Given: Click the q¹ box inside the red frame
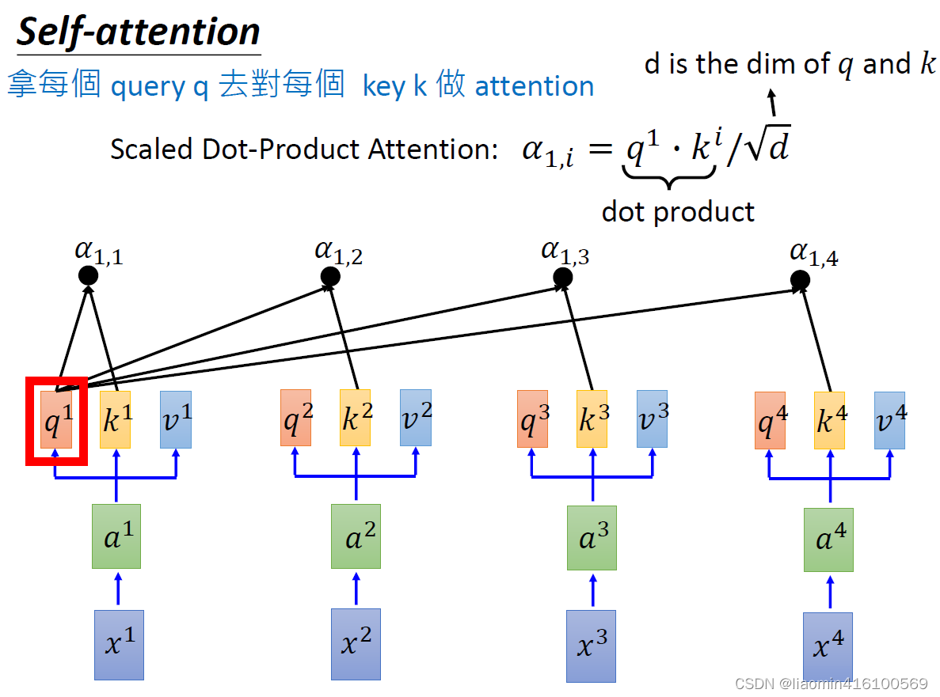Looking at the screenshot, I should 56,419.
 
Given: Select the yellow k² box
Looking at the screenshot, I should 355,418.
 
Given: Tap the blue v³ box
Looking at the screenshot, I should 653,419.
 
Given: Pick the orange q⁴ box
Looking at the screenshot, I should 770,420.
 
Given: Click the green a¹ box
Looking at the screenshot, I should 116,536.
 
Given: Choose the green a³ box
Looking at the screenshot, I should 592,538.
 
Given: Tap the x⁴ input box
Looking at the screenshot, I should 828,646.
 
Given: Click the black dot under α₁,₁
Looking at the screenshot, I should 88,275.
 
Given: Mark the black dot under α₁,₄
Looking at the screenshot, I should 801,280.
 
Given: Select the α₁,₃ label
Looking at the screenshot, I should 565,252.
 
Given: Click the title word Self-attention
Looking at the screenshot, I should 139,32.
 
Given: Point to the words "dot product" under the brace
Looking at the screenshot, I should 678,211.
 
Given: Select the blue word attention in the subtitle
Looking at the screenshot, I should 535,85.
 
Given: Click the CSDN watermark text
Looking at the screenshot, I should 832,684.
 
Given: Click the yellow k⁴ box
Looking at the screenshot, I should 829,420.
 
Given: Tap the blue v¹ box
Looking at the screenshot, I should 176,419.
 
